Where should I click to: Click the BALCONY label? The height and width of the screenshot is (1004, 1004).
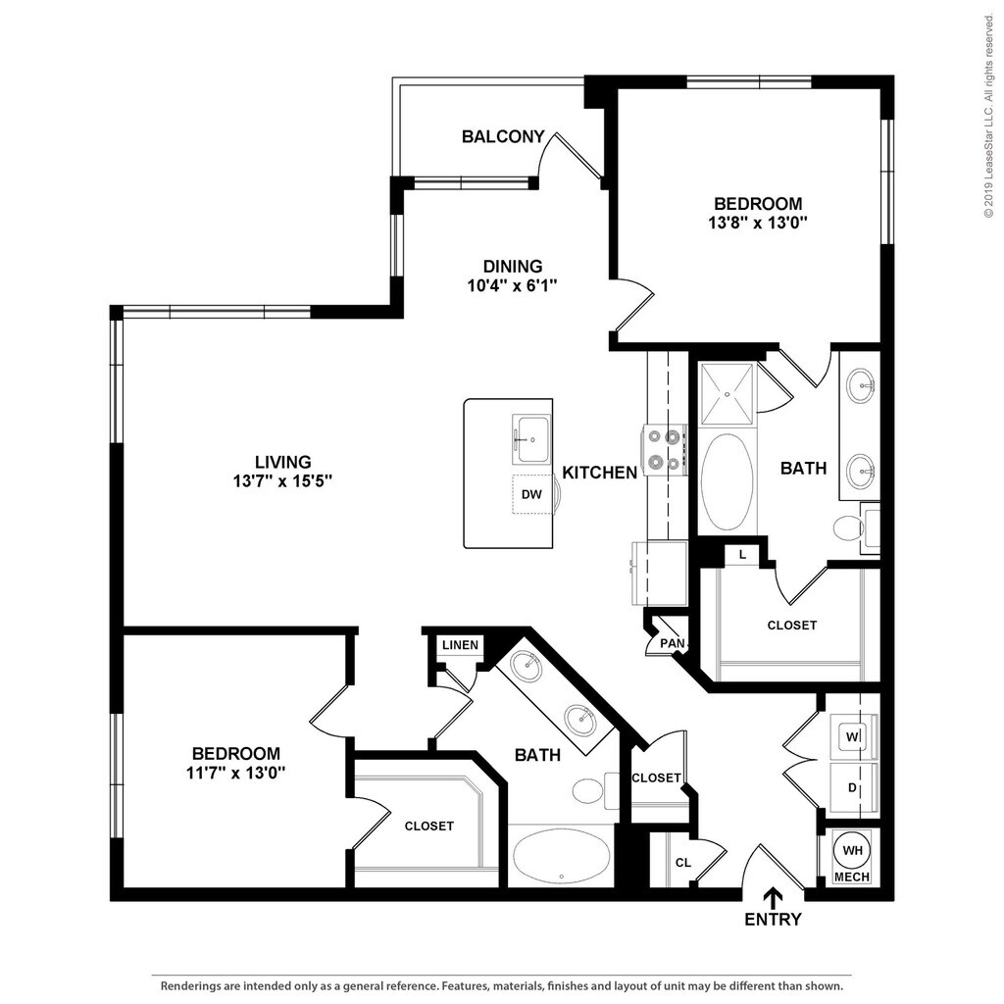tap(503, 137)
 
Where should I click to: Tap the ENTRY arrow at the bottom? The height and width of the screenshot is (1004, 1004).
tap(774, 897)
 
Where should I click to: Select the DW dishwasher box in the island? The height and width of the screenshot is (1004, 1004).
tap(531, 494)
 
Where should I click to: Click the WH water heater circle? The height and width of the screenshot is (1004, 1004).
tap(850, 850)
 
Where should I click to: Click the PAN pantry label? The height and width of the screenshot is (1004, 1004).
tap(672, 643)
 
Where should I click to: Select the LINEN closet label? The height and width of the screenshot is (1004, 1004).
tap(460, 645)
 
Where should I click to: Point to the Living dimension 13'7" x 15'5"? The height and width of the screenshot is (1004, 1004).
tap(283, 480)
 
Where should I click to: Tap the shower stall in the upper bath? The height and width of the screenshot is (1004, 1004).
tap(728, 394)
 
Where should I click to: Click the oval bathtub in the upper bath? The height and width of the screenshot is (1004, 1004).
tap(728, 482)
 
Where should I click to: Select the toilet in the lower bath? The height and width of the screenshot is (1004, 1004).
tap(590, 789)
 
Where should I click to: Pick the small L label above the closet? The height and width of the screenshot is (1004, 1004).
tap(742, 555)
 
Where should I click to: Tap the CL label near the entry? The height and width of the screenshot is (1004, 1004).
tap(683, 863)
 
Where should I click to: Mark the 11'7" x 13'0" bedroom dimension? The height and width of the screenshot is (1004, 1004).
tap(235, 773)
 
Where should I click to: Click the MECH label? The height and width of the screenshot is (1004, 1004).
tap(851, 877)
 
